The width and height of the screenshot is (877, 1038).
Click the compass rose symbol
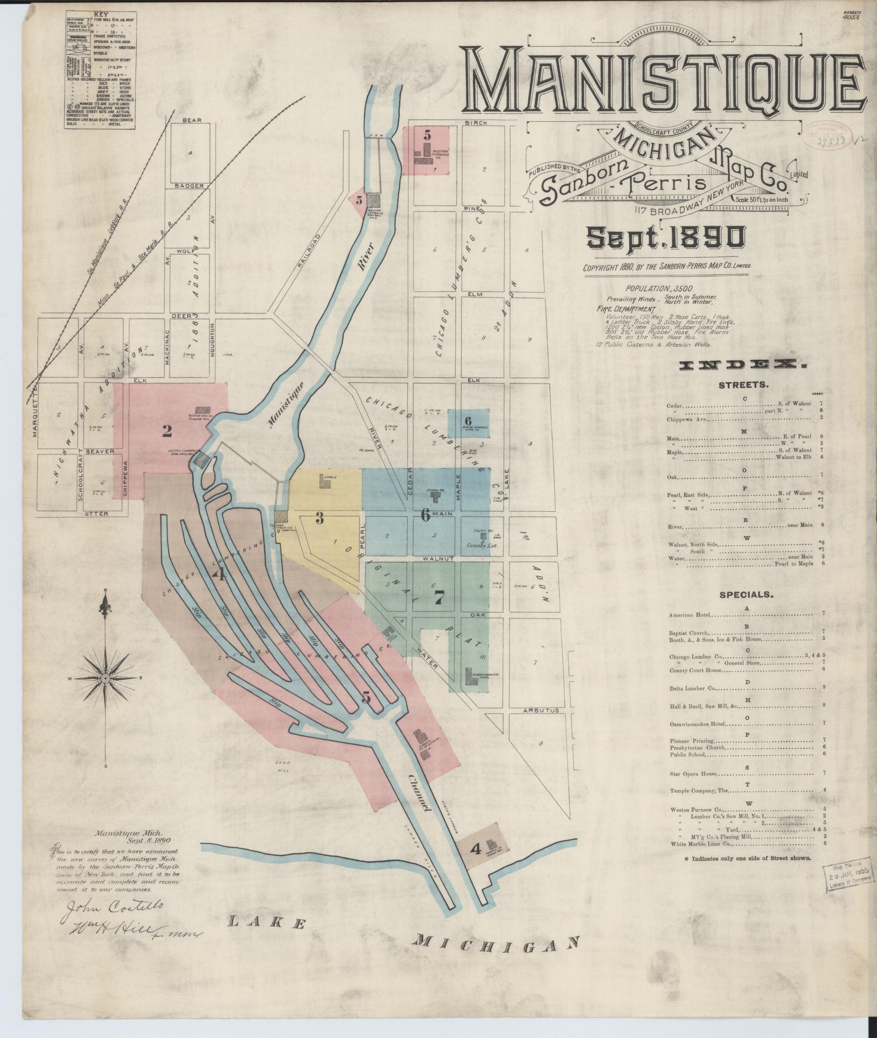(x=106, y=677)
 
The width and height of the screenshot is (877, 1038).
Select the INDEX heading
(x=743, y=366)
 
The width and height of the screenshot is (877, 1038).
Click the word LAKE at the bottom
(x=267, y=924)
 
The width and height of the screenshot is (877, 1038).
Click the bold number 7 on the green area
(x=439, y=597)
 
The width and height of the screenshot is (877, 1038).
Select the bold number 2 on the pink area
(x=167, y=430)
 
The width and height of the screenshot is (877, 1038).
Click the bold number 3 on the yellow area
(x=319, y=518)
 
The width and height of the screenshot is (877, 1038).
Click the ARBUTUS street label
(x=542, y=711)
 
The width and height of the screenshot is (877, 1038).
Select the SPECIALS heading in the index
(x=746, y=595)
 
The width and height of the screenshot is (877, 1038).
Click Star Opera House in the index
(x=693, y=774)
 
